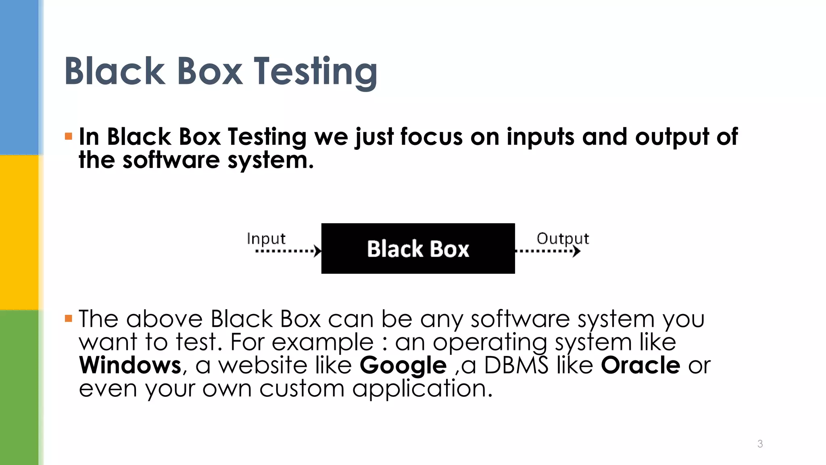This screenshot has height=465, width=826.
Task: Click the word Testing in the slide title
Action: point(315,71)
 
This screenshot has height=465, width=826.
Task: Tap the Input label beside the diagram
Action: point(266,239)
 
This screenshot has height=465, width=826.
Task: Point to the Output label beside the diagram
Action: point(563,239)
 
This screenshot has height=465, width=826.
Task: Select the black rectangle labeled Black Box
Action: point(418,248)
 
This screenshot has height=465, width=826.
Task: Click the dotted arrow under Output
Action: point(548,251)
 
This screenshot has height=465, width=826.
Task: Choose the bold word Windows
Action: point(130,365)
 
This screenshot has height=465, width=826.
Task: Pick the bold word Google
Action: point(403,366)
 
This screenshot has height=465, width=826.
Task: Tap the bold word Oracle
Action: point(640,365)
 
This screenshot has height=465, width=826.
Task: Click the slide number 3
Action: point(760,444)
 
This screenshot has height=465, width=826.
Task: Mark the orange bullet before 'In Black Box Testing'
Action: point(69,136)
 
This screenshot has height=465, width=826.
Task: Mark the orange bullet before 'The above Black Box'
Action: point(69,319)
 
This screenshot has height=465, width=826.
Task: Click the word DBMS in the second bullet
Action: point(516,365)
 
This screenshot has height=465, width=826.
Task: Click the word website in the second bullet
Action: point(263,365)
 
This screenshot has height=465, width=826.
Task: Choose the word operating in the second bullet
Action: point(490,343)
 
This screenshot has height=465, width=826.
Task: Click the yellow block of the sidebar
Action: point(19,232)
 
